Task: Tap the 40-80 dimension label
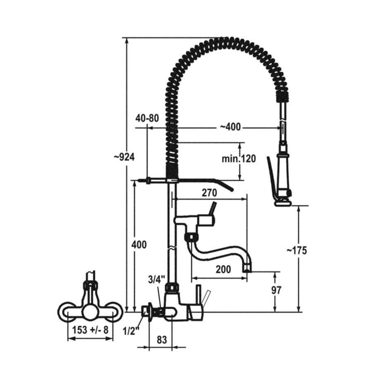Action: point(147,118)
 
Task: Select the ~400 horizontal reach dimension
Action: point(230,127)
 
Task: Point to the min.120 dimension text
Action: point(239,159)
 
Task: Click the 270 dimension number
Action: point(209,193)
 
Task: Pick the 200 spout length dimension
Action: point(223,270)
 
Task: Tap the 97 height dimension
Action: point(276,290)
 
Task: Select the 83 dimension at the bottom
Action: point(162,340)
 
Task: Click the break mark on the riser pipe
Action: point(172,248)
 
